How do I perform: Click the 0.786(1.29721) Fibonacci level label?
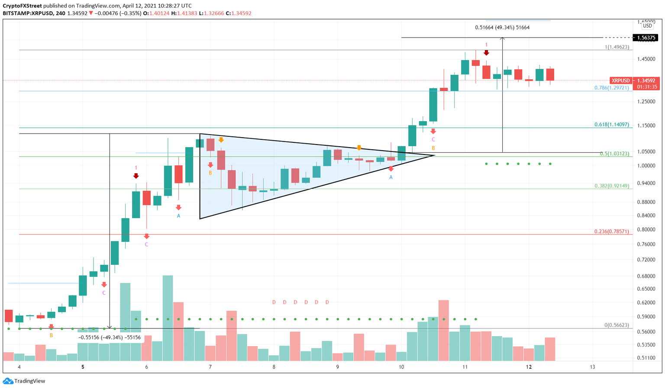click(612, 87)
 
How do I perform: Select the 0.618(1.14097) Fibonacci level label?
click(612, 124)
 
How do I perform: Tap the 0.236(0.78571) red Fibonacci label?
click(612, 231)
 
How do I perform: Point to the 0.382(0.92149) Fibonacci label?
click(612, 186)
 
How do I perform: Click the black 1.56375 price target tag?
click(646, 38)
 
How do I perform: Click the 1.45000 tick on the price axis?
click(646, 59)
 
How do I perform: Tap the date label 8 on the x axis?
click(274, 367)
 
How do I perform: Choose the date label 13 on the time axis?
click(592, 367)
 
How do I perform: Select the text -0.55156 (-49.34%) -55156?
click(110, 338)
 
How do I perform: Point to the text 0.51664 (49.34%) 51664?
click(502, 27)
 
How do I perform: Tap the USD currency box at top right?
click(647, 26)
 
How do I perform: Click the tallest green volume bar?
click(168, 318)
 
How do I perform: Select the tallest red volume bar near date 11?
click(443, 330)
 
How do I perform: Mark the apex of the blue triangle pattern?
click(434, 155)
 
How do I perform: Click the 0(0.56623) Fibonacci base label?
click(617, 325)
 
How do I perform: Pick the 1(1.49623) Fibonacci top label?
click(617, 47)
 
